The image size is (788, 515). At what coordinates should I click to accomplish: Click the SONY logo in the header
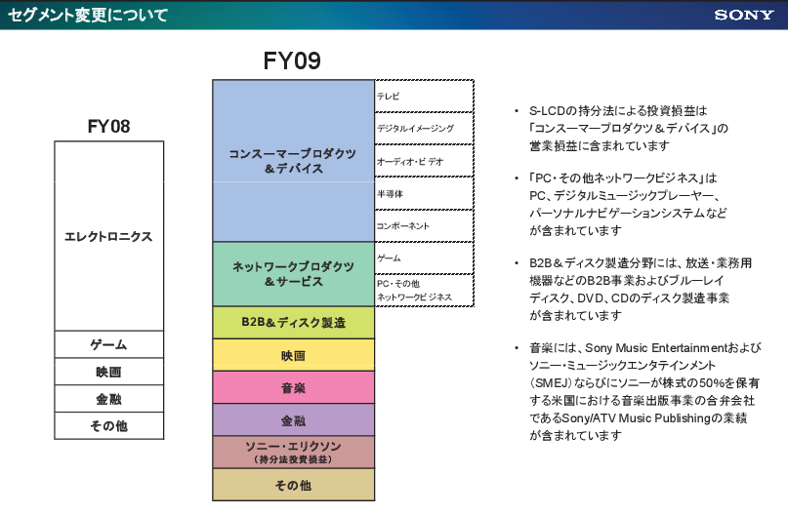click(744, 15)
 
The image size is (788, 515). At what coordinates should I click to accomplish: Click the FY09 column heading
click(292, 61)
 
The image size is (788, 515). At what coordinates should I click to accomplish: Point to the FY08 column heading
click(108, 126)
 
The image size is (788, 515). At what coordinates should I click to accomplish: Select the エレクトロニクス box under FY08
click(108, 236)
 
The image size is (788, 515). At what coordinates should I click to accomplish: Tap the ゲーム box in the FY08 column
click(108, 345)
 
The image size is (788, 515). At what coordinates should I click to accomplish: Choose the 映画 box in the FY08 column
click(108, 372)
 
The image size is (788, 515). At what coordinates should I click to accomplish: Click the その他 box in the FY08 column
click(108, 426)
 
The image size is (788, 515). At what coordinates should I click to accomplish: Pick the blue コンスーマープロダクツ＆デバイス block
click(293, 161)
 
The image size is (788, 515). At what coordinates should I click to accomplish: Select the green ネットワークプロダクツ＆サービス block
click(293, 274)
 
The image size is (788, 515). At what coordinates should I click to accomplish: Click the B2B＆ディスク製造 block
click(293, 322)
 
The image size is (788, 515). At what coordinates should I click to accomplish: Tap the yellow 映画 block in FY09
click(293, 355)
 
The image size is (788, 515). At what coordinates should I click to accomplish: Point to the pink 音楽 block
click(293, 387)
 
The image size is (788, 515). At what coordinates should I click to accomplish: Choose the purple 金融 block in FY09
click(293, 420)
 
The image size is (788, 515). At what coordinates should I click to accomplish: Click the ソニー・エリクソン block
click(293, 452)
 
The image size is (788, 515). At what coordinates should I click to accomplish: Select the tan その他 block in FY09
click(293, 485)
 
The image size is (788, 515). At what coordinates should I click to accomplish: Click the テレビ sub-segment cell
click(425, 96)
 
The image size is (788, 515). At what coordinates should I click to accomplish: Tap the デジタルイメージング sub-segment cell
click(425, 128)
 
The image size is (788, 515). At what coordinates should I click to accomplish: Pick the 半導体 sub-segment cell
click(425, 193)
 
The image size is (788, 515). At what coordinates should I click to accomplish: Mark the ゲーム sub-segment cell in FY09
click(425, 257)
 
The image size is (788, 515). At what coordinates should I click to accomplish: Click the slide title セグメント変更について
click(87, 15)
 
